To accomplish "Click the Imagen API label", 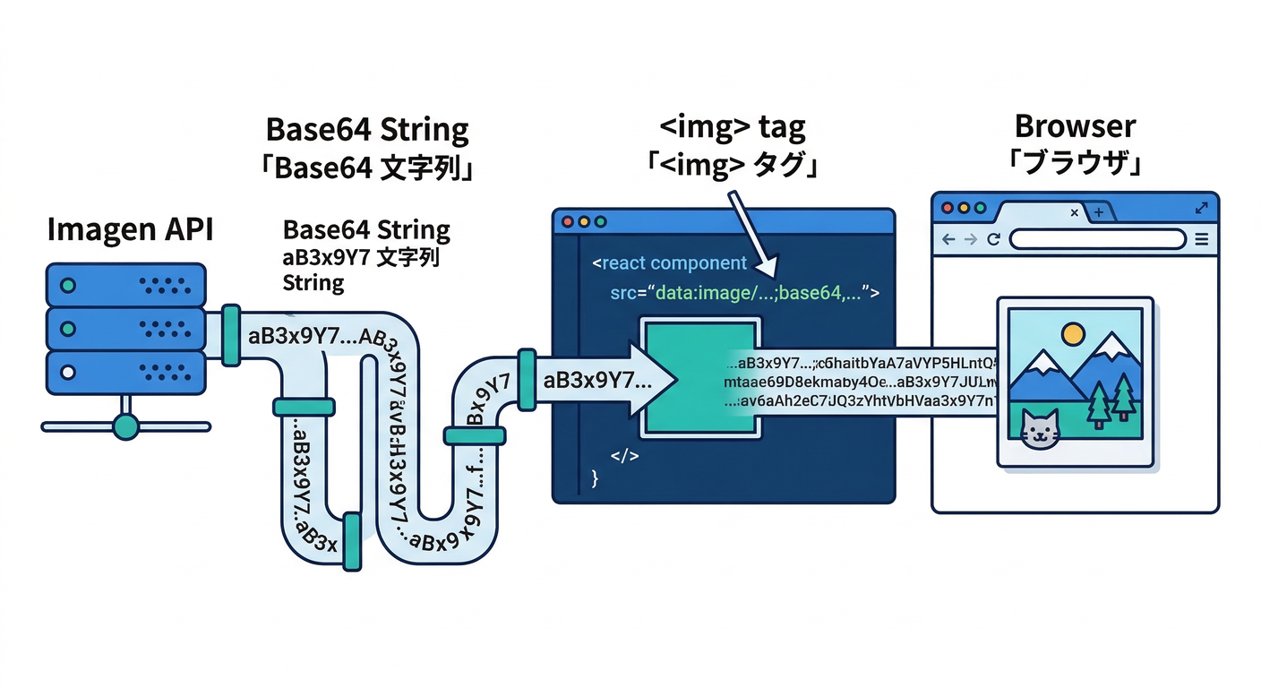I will pyautogui.click(x=129, y=231).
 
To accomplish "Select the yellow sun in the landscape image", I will pyautogui.click(x=1072, y=334).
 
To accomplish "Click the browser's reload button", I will pyautogui.click(x=993, y=239).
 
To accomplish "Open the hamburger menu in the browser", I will pyautogui.click(x=1202, y=239).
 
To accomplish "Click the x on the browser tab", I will pyautogui.click(x=1075, y=212).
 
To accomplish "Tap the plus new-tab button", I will pyautogui.click(x=1099, y=212).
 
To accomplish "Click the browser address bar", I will pyautogui.click(x=1098, y=239).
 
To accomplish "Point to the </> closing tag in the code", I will pyautogui.click(x=624, y=456).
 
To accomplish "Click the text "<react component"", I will pyautogui.click(x=669, y=263).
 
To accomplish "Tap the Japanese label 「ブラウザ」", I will pyautogui.click(x=1075, y=166).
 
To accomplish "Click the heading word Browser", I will pyautogui.click(x=1075, y=126).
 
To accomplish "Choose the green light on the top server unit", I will pyautogui.click(x=66, y=286).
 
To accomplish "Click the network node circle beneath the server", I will pyautogui.click(x=126, y=426).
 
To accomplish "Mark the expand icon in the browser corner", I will pyautogui.click(x=1201, y=208).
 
